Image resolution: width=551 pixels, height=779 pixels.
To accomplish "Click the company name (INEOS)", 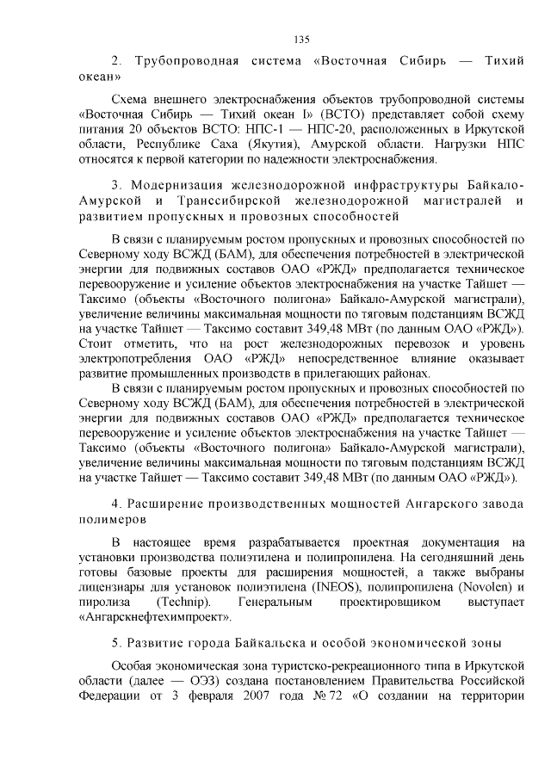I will coord(340,585).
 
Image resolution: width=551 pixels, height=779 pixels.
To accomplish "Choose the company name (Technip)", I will coord(180,601).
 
